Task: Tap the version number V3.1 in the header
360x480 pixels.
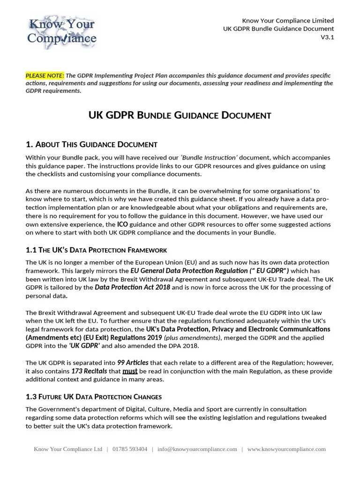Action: tap(327, 37)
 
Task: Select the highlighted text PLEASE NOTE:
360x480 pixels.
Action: tap(45, 75)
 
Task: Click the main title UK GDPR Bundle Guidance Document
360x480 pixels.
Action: tap(180, 115)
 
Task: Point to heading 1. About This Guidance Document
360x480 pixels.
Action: tap(91, 144)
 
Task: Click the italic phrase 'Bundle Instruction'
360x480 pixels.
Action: tap(217, 157)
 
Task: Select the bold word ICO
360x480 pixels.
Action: tap(122, 225)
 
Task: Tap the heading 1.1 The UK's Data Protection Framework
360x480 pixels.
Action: tap(96, 250)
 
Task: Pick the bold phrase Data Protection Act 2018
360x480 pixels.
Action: tap(133, 287)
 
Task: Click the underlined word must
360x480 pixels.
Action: tap(130, 371)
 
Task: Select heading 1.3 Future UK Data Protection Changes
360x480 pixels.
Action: tap(94, 397)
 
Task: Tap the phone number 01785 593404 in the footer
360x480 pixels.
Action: tap(130, 449)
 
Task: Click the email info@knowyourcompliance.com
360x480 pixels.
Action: tap(197, 449)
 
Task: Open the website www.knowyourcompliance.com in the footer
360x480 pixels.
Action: tap(286, 449)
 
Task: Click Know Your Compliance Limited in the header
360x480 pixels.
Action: tap(288, 21)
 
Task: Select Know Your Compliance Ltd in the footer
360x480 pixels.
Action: tap(67, 449)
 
